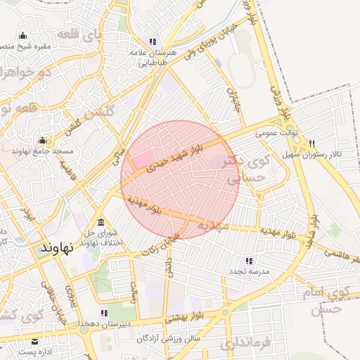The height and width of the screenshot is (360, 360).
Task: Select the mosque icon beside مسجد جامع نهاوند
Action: [42, 140]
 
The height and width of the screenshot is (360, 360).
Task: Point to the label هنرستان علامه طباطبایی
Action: [150, 58]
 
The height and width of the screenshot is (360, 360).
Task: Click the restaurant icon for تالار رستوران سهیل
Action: [321, 142]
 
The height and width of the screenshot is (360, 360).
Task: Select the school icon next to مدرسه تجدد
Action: [249, 261]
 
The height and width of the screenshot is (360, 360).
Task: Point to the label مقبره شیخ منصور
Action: [21, 46]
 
